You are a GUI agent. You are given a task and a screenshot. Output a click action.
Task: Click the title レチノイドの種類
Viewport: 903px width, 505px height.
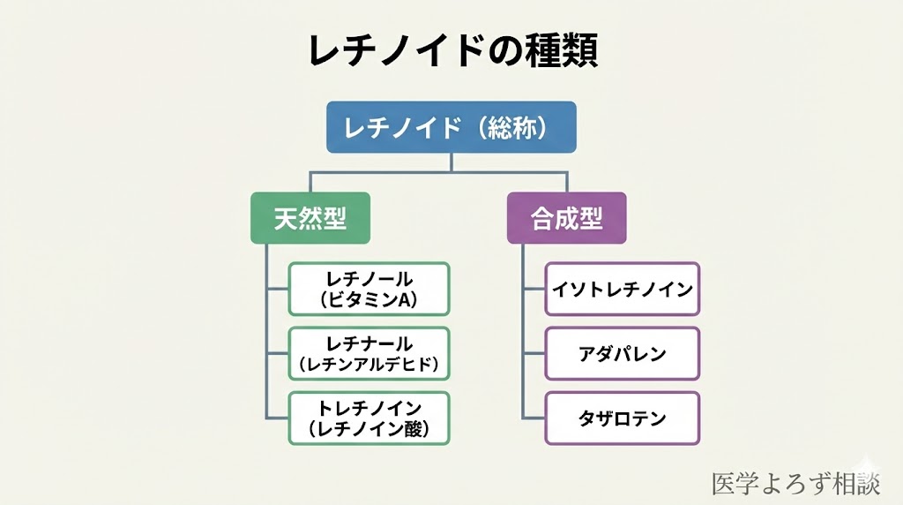click(x=451, y=50)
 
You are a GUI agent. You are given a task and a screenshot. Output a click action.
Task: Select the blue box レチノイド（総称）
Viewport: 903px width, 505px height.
click(x=451, y=127)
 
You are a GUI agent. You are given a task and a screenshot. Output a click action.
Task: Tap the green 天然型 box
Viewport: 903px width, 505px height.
click(x=310, y=218)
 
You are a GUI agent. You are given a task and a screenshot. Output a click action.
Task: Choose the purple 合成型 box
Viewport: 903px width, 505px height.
click(x=566, y=218)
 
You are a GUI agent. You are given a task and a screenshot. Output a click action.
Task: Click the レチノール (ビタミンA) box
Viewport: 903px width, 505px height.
click(x=369, y=289)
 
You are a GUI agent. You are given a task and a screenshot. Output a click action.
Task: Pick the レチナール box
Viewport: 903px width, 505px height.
click(x=369, y=353)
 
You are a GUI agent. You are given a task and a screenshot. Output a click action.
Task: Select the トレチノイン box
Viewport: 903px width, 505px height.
click(x=369, y=418)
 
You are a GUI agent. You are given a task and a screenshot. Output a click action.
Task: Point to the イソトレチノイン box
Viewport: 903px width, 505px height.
click(x=622, y=289)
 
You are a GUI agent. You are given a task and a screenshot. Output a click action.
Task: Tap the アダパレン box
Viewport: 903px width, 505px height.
click(x=622, y=353)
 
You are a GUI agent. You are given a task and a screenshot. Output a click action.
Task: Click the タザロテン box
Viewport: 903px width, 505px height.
click(x=622, y=418)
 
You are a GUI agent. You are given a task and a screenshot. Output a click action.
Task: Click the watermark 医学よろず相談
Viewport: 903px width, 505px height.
click(x=795, y=483)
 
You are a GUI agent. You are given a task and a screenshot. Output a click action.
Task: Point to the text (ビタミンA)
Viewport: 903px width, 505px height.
click(x=369, y=300)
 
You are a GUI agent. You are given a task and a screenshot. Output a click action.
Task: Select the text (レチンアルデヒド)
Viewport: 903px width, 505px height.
click(x=369, y=364)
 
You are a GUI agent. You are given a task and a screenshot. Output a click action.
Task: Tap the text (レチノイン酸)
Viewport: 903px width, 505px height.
click(x=369, y=430)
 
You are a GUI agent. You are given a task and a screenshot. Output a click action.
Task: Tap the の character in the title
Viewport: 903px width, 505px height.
click(x=493, y=51)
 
